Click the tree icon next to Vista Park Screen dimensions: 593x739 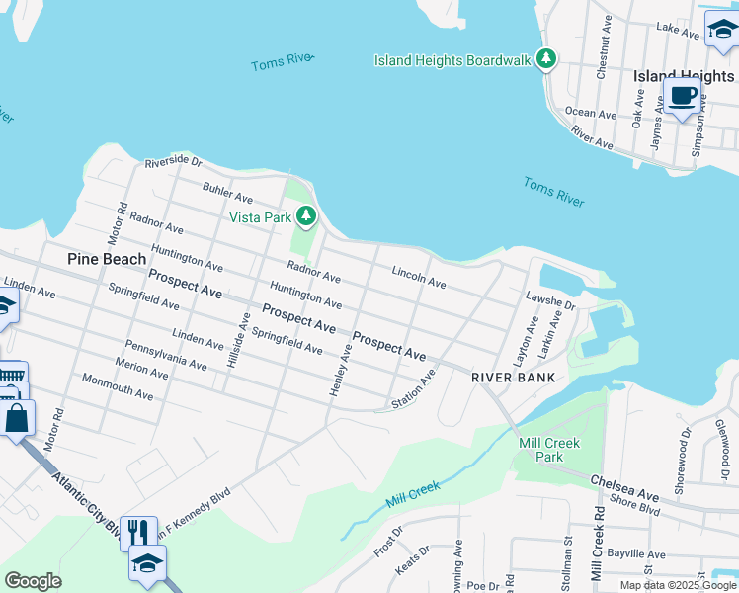(307, 215)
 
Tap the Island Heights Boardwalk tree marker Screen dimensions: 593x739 (546, 60)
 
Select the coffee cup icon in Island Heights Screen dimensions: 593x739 (682, 96)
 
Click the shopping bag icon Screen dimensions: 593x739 (18, 417)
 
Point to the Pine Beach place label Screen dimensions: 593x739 (107, 259)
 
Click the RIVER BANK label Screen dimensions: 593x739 (513, 378)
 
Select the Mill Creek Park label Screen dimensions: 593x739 (549, 450)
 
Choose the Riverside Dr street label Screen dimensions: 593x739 (173, 162)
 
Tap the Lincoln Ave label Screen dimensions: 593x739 (419, 277)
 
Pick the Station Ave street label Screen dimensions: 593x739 (413, 390)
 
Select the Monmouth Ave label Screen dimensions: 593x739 (118, 386)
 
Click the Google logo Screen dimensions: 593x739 (33, 581)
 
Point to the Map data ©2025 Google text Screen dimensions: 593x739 (677, 585)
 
